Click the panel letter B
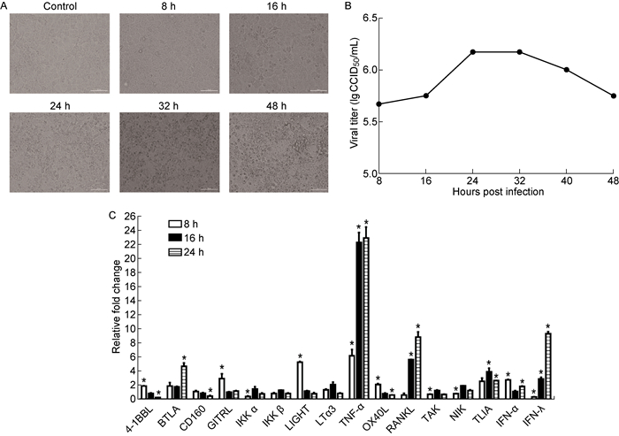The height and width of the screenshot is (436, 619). [355, 9]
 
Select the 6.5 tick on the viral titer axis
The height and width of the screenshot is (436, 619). [364, 18]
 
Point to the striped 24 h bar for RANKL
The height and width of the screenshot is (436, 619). [417, 367]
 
